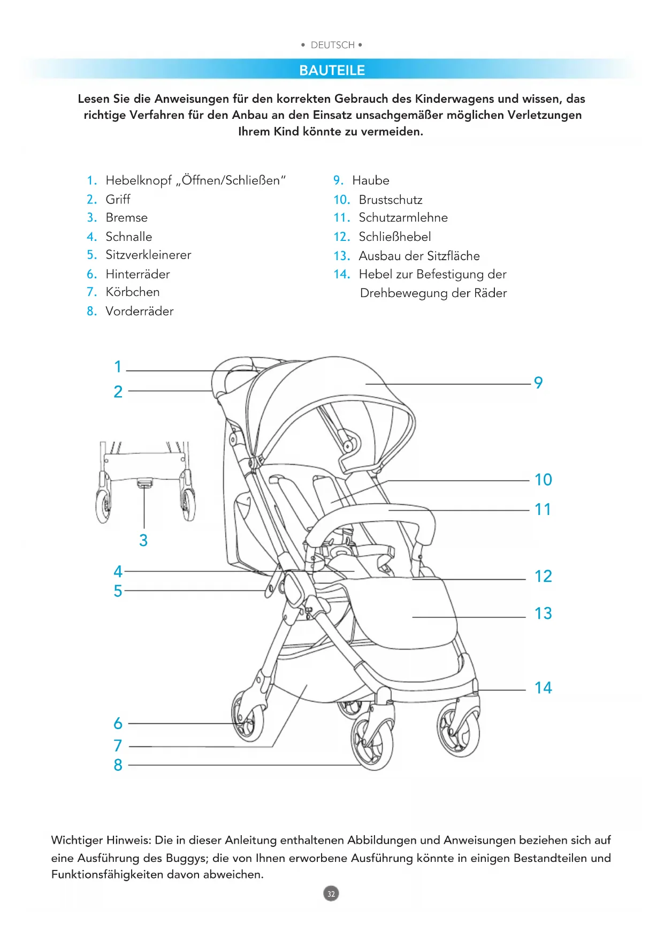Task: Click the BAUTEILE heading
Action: point(332,70)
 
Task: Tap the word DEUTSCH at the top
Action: point(332,45)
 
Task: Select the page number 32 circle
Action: point(331,893)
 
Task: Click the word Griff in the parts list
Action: point(118,199)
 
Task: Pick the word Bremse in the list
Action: point(126,217)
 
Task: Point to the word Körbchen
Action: point(132,292)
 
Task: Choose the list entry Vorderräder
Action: point(139,311)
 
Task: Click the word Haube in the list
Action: point(370,180)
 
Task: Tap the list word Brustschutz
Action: point(390,200)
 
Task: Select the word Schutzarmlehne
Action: point(403,217)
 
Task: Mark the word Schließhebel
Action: point(394,237)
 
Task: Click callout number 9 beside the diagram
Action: point(538,383)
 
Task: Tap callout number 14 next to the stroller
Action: point(543,688)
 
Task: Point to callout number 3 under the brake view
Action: point(143,541)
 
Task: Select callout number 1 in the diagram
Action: point(118,367)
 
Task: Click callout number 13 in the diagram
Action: point(543,614)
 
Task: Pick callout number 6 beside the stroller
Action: point(118,724)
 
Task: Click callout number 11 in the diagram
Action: point(543,510)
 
